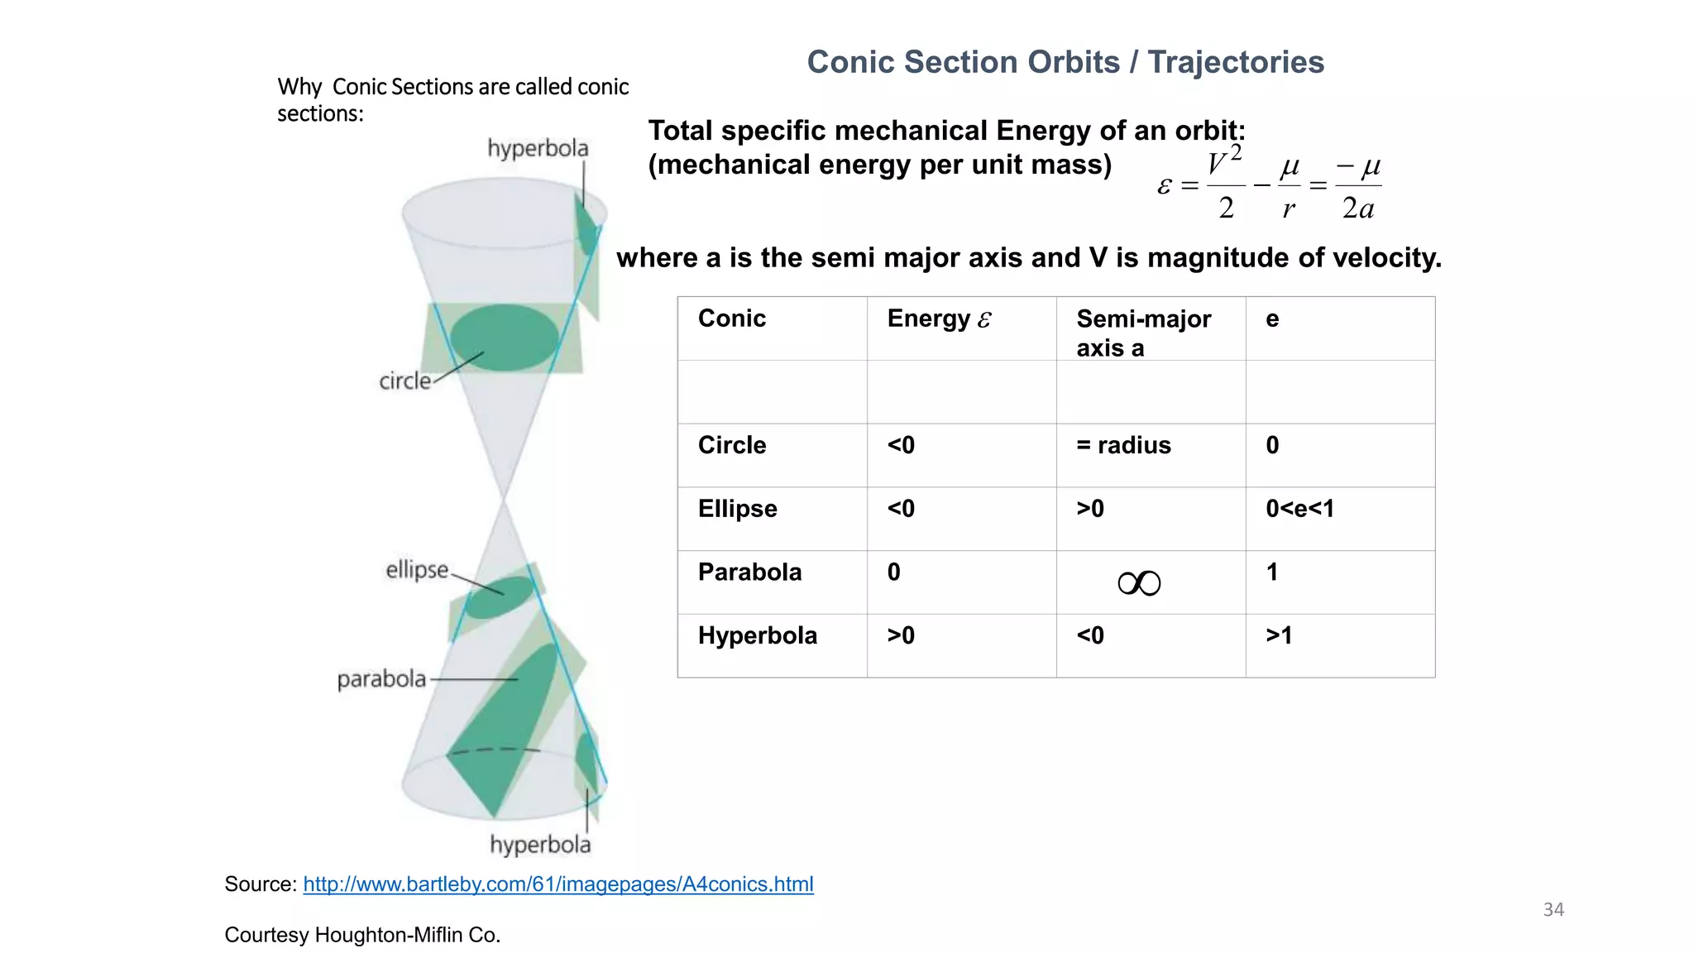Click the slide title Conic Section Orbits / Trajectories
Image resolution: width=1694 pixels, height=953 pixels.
pos(1065,62)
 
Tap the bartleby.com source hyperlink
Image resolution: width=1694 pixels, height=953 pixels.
pos(558,884)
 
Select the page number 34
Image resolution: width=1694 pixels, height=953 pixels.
pos(1553,910)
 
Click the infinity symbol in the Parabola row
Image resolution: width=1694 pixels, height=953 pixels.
pos(1139,584)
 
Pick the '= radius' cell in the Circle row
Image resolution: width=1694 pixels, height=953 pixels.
pos(1123,446)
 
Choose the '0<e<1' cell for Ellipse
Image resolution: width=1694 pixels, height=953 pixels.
pos(1299,509)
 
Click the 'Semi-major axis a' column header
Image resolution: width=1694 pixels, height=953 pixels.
pos(1143,333)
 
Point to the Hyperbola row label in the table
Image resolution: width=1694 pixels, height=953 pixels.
pos(757,636)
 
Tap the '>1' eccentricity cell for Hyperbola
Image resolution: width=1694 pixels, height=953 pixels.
pos(1279,636)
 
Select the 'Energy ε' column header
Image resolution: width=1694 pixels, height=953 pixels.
pos(939,319)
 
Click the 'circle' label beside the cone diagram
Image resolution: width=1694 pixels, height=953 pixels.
pos(405,381)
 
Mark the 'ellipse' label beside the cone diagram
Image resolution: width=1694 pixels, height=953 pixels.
pos(417,570)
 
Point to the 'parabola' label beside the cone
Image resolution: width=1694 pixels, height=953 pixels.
pos(381,679)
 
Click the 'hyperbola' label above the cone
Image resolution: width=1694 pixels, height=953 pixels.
pos(538,149)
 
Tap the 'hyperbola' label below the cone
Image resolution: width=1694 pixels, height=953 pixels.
pos(540,845)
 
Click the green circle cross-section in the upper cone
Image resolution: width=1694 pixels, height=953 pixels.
pos(504,336)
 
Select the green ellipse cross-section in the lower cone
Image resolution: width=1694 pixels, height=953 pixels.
pos(500,597)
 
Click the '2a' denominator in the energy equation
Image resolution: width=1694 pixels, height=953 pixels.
pos(1358,208)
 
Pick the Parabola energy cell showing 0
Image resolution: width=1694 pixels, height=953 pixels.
pos(894,572)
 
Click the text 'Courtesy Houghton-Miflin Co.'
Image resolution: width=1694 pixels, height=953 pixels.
pos(362,936)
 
